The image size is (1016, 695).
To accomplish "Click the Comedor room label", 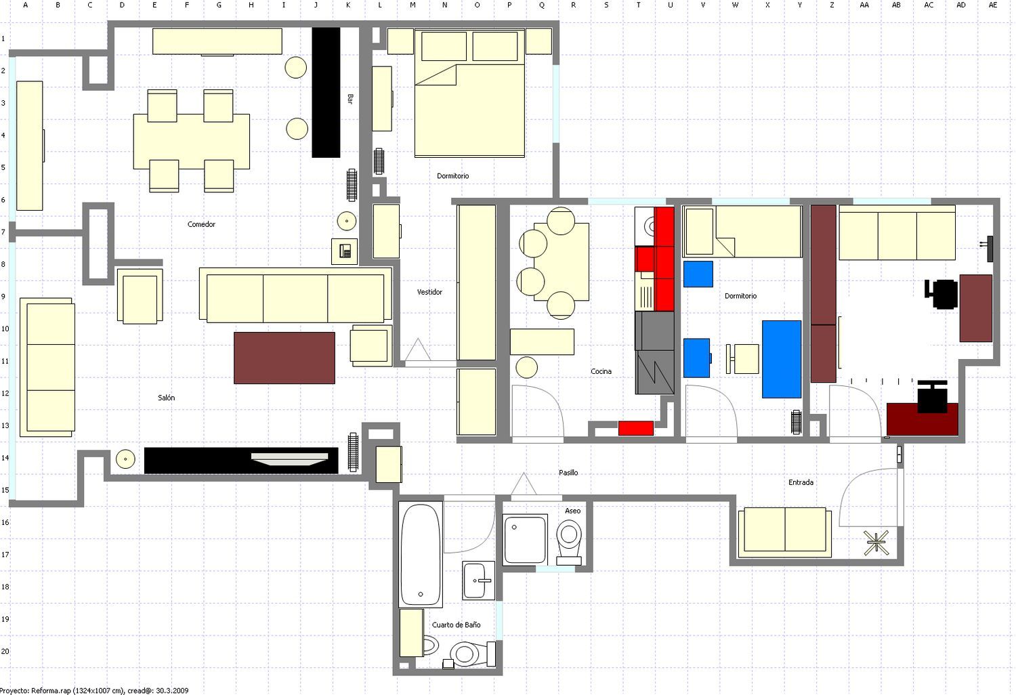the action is click(x=201, y=224).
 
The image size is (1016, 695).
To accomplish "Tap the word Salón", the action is click(x=166, y=398).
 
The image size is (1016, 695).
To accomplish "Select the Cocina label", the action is click(x=601, y=371).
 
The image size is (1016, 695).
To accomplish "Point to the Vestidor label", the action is click(x=429, y=292).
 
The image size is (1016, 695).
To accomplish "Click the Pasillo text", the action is click(x=568, y=472).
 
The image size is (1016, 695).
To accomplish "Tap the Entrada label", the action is click(x=801, y=482).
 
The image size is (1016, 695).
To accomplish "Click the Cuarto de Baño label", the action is click(x=456, y=625).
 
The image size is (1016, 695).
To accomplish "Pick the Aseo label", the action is click(x=572, y=511).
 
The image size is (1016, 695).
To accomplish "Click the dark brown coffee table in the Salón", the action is click(x=284, y=358).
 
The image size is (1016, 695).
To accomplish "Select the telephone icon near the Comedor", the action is click(x=345, y=251).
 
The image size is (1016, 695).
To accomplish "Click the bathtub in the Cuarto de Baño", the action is click(x=421, y=553).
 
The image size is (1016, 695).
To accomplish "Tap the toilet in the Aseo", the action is click(x=569, y=542).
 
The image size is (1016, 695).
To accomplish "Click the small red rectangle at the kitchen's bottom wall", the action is click(x=636, y=428).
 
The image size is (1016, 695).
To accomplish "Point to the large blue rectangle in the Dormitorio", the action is click(x=782, y=359).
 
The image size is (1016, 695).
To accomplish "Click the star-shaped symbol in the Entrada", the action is click(x=876, y=543).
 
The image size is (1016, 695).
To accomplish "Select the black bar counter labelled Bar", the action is click(x=326, y=93).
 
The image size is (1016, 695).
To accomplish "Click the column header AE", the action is click(x=993, y=5).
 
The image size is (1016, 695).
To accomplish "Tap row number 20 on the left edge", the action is click(x=5, y=652).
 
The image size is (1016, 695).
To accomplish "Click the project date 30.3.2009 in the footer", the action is click(x=172, y=690).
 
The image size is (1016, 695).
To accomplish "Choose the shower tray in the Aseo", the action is click(x=525, y=539).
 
